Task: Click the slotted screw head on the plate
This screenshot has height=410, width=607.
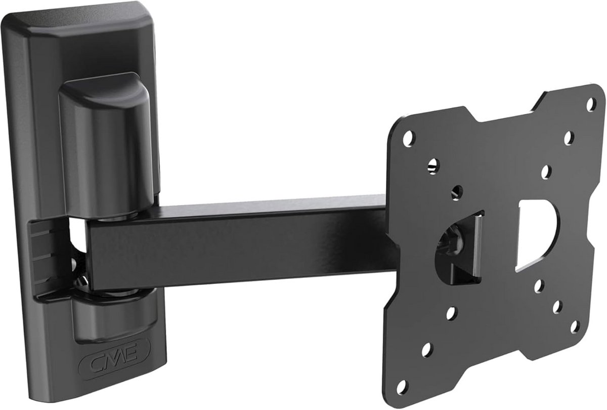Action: [x=433, y=166]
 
